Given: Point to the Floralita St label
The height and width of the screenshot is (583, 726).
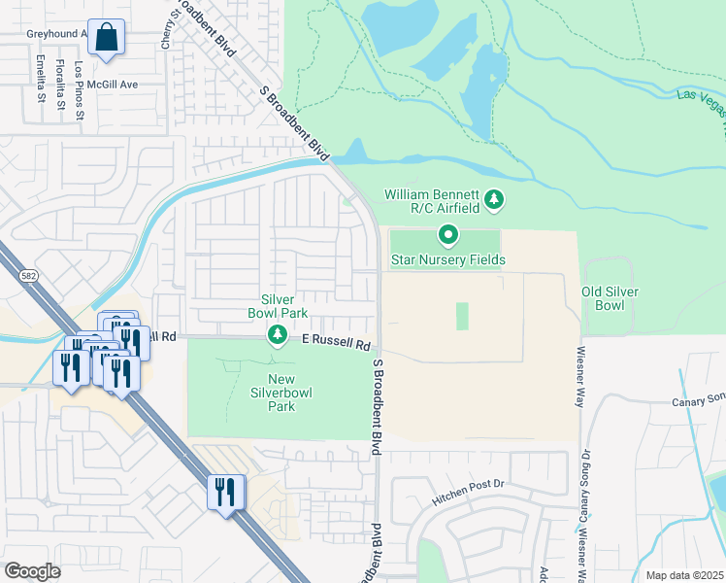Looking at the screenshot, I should point(61,82).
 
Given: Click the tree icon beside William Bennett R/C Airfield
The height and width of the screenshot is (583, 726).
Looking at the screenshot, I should point(495,200).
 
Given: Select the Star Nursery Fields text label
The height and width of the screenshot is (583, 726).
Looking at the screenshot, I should point(447,259).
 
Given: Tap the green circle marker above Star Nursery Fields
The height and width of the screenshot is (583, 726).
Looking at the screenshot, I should point(448,234).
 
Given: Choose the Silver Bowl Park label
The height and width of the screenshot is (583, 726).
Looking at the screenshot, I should point(283,306).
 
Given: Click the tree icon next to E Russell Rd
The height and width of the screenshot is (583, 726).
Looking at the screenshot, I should point(278,335).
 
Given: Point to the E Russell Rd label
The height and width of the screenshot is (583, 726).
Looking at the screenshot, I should point(337,343).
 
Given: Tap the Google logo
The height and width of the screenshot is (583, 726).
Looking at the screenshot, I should point(32,570).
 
